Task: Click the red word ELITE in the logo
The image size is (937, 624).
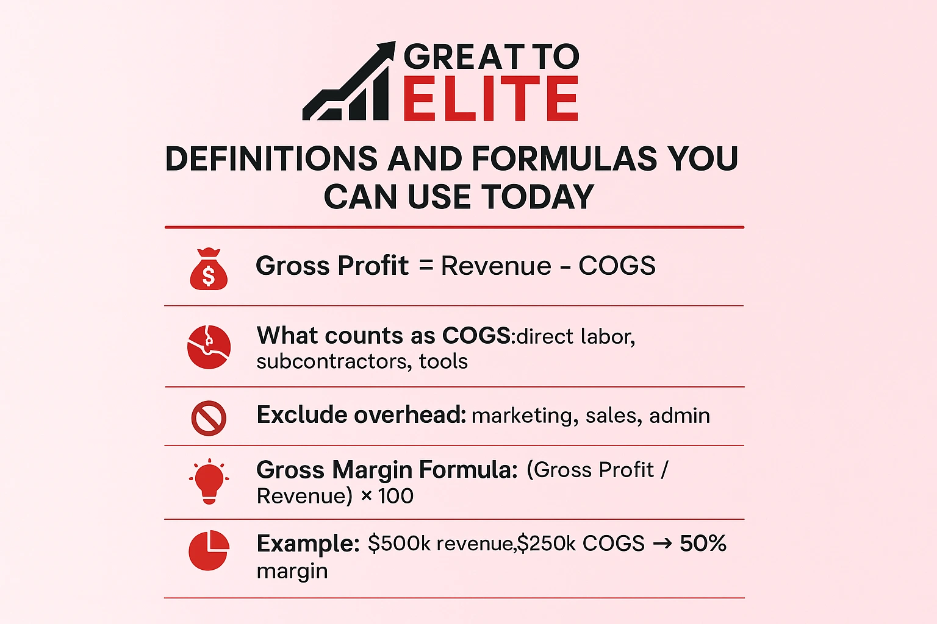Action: click(490, 99)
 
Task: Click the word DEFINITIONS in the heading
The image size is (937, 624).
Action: click(271, 159)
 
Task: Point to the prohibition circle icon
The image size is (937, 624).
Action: click(209, 418)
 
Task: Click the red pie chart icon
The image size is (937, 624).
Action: click(209, 550)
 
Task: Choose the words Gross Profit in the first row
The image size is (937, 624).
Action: click(332, 266)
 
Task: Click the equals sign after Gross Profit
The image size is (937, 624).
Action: click(426, 266)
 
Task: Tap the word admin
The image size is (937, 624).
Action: click(680, 416)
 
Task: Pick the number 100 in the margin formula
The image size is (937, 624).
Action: click(395, 496)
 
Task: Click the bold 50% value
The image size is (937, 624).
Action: click(703, 543)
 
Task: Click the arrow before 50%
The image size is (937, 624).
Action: click(662, 544)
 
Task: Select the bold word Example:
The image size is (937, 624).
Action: click(308, 544)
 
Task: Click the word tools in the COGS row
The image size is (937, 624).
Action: click(443, 361)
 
